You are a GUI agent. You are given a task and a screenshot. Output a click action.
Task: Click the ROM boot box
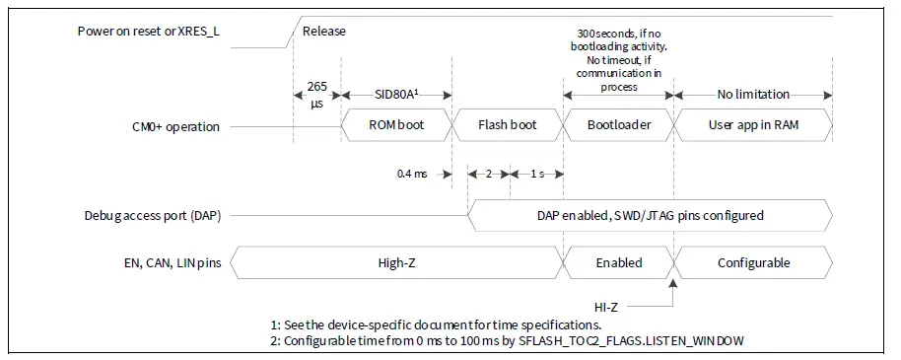[395, 126]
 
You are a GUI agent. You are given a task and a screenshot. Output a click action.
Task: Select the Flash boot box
[507, 126]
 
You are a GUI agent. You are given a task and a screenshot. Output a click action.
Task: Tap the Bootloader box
[618, 126]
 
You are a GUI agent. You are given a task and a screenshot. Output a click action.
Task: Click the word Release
[324, 31]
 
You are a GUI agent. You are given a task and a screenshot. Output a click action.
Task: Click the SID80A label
[394, 95]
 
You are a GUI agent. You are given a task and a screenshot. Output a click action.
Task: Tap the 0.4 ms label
[411, 174]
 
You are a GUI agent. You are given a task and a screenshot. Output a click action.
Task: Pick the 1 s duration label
[535, 174]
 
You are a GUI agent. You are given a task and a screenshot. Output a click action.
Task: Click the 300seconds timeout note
[618, 59]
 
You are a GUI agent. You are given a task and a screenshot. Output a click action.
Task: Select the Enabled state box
[618, 263]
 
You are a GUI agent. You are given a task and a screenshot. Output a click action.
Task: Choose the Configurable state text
[753, 263]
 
